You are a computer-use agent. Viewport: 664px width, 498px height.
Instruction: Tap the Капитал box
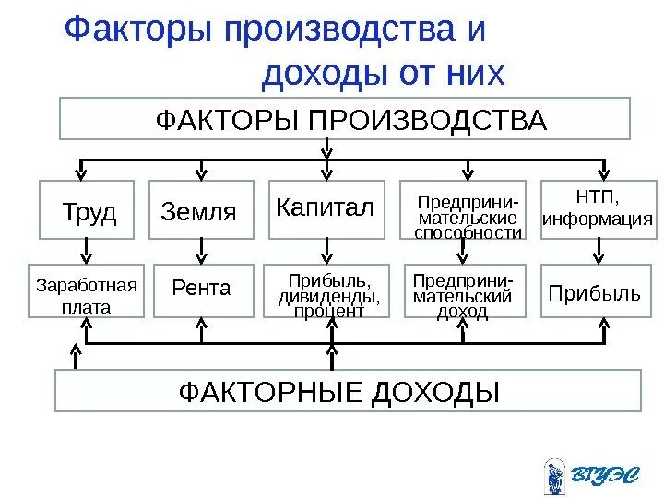326,208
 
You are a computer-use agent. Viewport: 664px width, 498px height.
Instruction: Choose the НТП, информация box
598,209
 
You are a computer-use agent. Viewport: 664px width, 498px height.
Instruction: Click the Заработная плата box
86,293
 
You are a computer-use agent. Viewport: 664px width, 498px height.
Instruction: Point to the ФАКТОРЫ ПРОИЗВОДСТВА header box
345,119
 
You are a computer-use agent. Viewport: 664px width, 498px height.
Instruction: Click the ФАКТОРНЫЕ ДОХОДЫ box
347,391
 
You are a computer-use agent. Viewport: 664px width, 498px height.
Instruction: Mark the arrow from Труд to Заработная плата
86,248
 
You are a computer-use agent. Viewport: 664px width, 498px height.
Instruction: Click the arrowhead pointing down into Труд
83,172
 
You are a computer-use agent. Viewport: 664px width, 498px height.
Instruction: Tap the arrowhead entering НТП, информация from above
599,172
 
